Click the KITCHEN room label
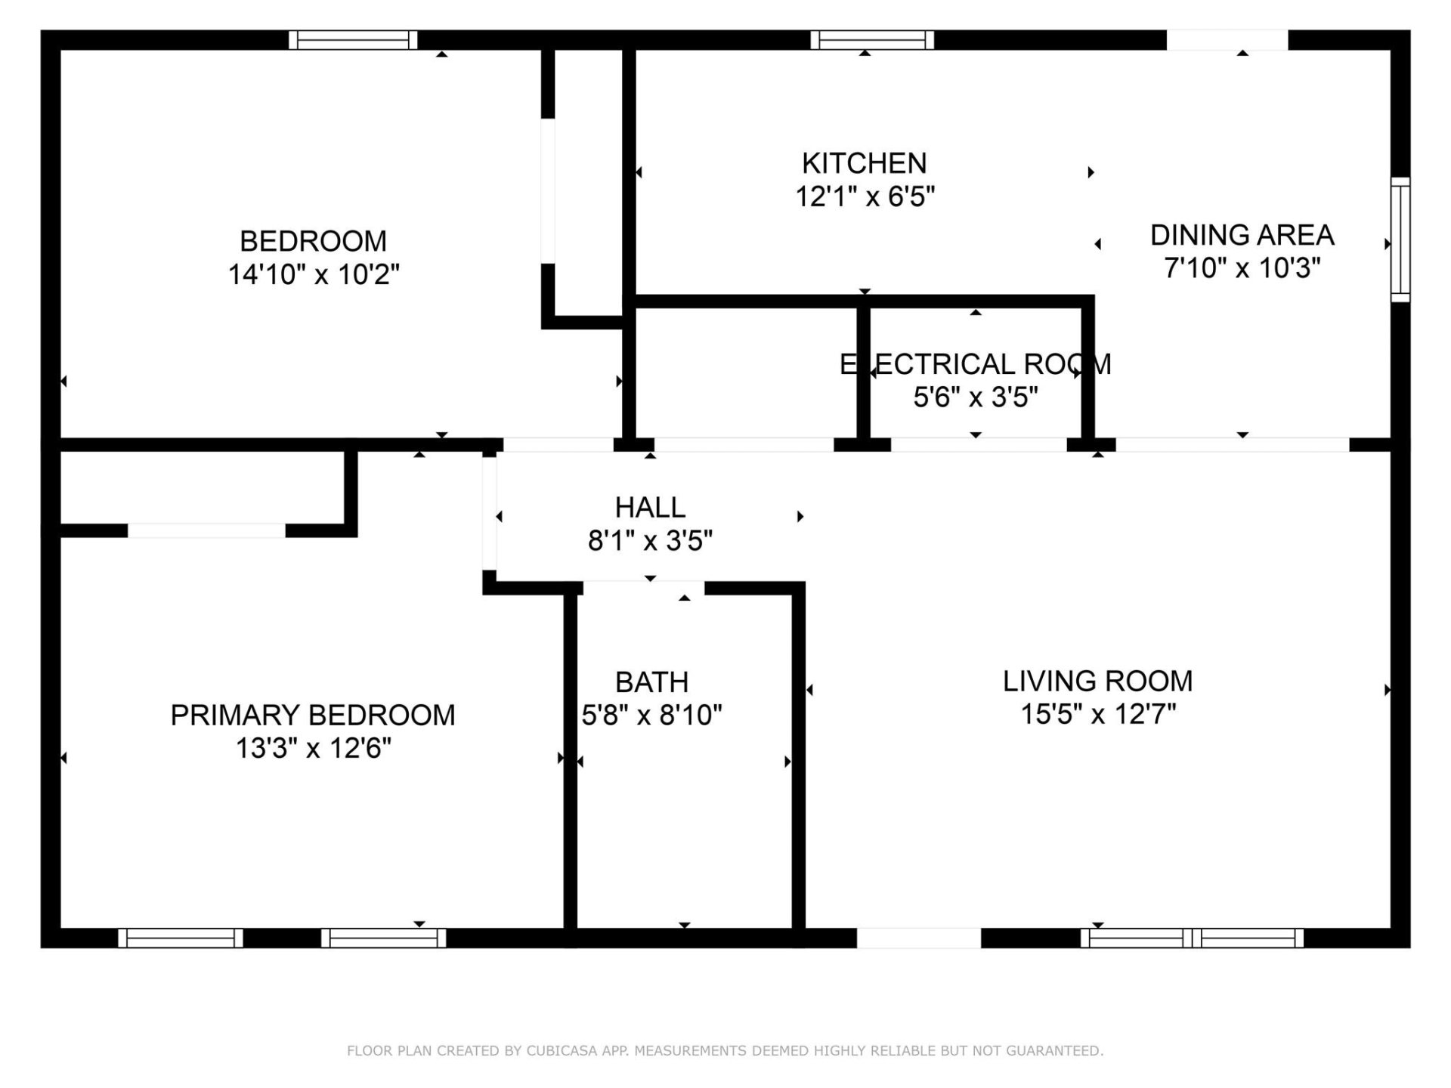[x=864, y=163]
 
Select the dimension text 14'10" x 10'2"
[x=314, y=274]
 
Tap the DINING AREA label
[x=1242, y=235]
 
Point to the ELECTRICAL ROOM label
[x=975, y=364]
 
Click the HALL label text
[x=650, y=507]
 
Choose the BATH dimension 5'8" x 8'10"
[x=651, y=715]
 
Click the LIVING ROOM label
[x=1097, y=681]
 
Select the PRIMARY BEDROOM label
[x=313, y=715]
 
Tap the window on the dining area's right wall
[x=1400, y=240]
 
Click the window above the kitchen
[x=872, y=39]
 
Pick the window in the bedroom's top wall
[x=353, y=39]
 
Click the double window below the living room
[x=1192, y=938]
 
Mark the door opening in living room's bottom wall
[x=918, y=938]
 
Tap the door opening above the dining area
[x=1227, y=39]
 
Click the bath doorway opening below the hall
[x=643, y=587]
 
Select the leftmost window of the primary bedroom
[x=180, y=938]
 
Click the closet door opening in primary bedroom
[x=206, y=530]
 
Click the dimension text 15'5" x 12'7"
[x=1097, y=714]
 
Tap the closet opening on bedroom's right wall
[x=548, y=190]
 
